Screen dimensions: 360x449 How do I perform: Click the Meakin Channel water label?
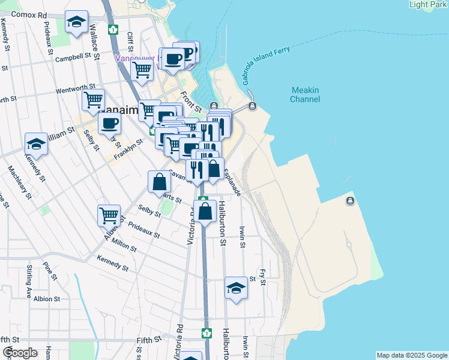(x=305, y=94)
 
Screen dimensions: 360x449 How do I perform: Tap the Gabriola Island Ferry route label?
(x=267, y=65)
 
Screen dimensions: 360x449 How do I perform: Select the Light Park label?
(x=427, y=5)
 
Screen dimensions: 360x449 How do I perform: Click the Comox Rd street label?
(x=29, y=14)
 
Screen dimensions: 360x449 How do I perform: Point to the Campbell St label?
(x=76, y=59)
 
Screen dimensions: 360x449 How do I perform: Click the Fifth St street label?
(x=149, y=340)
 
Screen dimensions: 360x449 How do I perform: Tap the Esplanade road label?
(x=232, y=182)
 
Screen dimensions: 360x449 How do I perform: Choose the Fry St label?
(x=262, y=277)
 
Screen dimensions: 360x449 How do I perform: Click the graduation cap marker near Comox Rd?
(x=76, y=23)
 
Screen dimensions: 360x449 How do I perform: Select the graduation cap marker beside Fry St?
(x=237, y=289)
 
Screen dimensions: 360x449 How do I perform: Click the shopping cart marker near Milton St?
(x=109, y=215)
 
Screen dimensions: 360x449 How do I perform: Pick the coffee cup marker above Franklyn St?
(x=109, y=124)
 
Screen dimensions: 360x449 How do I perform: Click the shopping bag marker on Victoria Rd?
(x=205, y=212)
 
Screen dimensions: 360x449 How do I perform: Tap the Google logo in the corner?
(x=20, y=353)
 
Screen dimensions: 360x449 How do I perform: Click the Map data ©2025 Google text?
(x=411, y=355)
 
